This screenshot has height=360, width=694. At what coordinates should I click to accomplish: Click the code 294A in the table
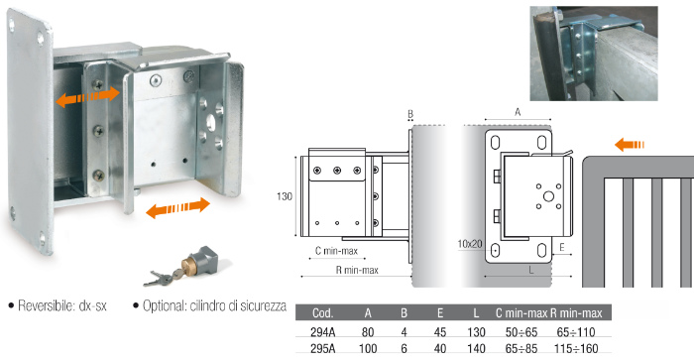point(322,332)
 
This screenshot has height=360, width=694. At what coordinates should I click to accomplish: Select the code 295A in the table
point(322,348)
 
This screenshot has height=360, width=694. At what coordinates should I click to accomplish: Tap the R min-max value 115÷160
point(576,348)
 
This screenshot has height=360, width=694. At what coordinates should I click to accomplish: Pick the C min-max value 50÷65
point(521,332)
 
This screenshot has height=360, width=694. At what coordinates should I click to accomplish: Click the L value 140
point(476,348)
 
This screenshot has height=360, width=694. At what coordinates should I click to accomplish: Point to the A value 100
point(368,348)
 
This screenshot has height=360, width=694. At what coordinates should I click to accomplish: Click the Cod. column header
point(322,313)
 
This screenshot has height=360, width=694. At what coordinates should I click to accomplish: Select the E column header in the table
point(440,313)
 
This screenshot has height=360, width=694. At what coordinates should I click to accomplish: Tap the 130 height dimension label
point(285,196)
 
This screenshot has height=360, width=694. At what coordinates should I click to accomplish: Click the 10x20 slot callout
point(470,244)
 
